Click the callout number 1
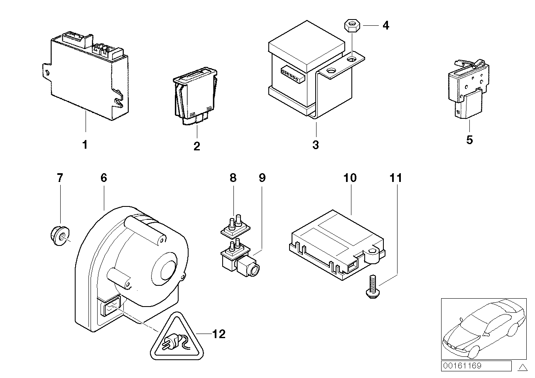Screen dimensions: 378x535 [85, 145]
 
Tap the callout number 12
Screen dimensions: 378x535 [219, 334]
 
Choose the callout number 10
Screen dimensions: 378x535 [350, 178]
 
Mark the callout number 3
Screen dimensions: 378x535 [315, 145]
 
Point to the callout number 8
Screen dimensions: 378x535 [233, 178]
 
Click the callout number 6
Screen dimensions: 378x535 [103, 178]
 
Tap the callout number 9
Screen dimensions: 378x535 [262, 178]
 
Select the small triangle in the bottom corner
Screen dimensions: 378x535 [523, 367]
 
